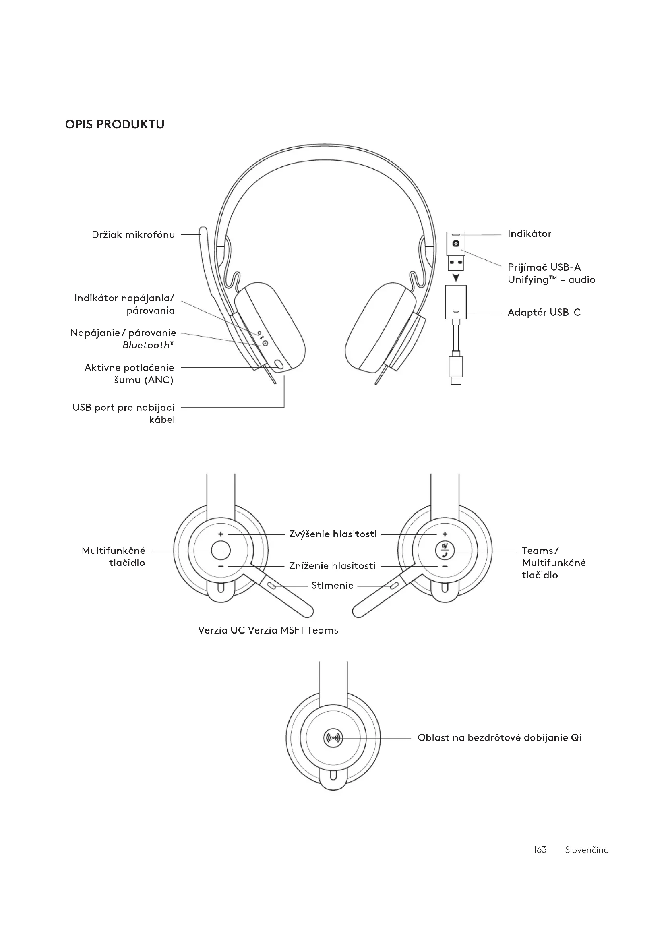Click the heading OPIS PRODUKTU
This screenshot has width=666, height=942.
(x=114, y=124)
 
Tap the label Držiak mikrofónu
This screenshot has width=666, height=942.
(x=133, y=235)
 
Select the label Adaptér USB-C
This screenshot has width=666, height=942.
(x=544, y=313)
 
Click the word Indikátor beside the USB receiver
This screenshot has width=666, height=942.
(x=529, y=234)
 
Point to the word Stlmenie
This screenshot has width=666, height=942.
(x=332, y=586)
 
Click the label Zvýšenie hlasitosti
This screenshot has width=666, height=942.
(x=333, y=534)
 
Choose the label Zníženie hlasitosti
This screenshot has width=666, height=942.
(x=332, y=566)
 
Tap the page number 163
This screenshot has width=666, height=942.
(x=540, y=850)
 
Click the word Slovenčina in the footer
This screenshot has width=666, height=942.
(x=586, y=850)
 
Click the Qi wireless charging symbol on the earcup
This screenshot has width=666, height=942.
(x=333, y=738)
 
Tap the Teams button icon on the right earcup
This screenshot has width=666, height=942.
(x=445, y=550)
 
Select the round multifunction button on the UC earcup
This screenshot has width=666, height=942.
(x=221, y=550)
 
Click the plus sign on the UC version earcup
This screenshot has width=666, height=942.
(x=221, y=534)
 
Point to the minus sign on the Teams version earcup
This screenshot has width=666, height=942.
(x=445, y=567)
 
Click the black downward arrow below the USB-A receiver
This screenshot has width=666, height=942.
(x=456, y=279)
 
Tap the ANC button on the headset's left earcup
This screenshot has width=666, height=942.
(x=279, y=364)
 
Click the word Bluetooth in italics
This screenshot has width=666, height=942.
(x=146, y=346)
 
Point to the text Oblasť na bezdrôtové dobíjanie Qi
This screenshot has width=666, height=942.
(x=499, y=738)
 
